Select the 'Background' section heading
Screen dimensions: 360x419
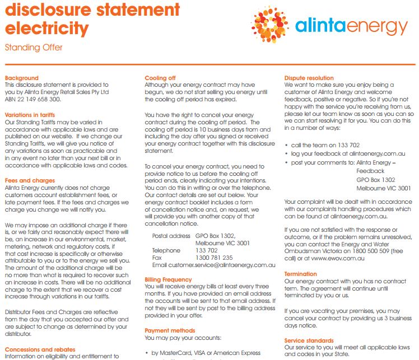tap(22, 78)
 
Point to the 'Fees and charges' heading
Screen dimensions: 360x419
tap(30, 180)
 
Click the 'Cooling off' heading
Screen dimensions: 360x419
tap(160, 78)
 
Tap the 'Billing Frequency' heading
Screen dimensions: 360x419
tap(168, 279)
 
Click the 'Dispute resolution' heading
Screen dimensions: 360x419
tap(309, 78)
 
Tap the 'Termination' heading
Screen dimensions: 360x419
tap(300, 274)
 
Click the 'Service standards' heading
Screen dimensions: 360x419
tap(309, 340)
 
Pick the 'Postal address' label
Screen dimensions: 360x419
tap(171, 236)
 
